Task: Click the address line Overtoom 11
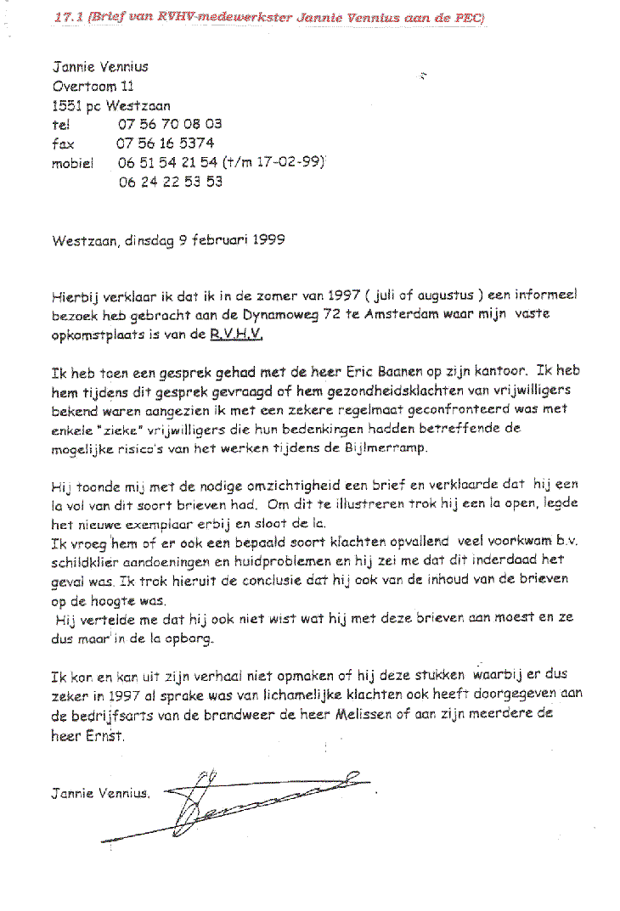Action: point(93,86)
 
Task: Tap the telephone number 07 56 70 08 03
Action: point(163,124)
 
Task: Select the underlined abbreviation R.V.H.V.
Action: point(237,335)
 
